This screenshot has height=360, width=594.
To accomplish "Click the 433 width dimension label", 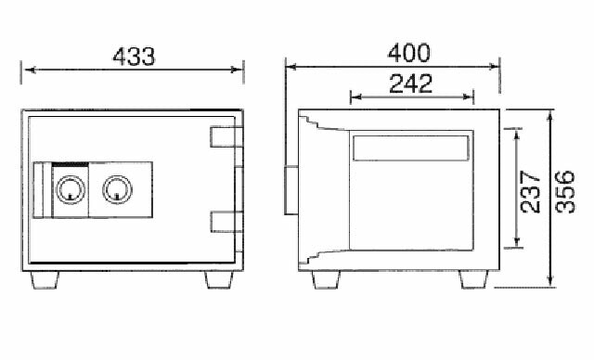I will pos(133,56).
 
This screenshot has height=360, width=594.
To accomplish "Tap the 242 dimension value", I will pos(411,84).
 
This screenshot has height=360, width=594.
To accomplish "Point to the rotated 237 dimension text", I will pos(531,191).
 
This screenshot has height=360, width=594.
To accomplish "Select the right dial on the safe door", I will pos(116,189).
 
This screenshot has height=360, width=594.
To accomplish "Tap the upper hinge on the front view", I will pos(226,136).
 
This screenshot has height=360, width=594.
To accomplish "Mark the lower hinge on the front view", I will pos(226,221).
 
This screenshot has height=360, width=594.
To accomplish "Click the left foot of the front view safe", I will pos(46,280).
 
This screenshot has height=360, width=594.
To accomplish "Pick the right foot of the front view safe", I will pos(218,280).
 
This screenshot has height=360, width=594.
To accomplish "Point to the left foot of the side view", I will pos(326,280).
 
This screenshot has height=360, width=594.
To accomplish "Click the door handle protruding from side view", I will pos(291,191).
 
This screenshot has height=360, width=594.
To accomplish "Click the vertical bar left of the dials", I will pos(39,190).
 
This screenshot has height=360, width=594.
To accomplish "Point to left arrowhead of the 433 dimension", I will pos(27,70).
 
